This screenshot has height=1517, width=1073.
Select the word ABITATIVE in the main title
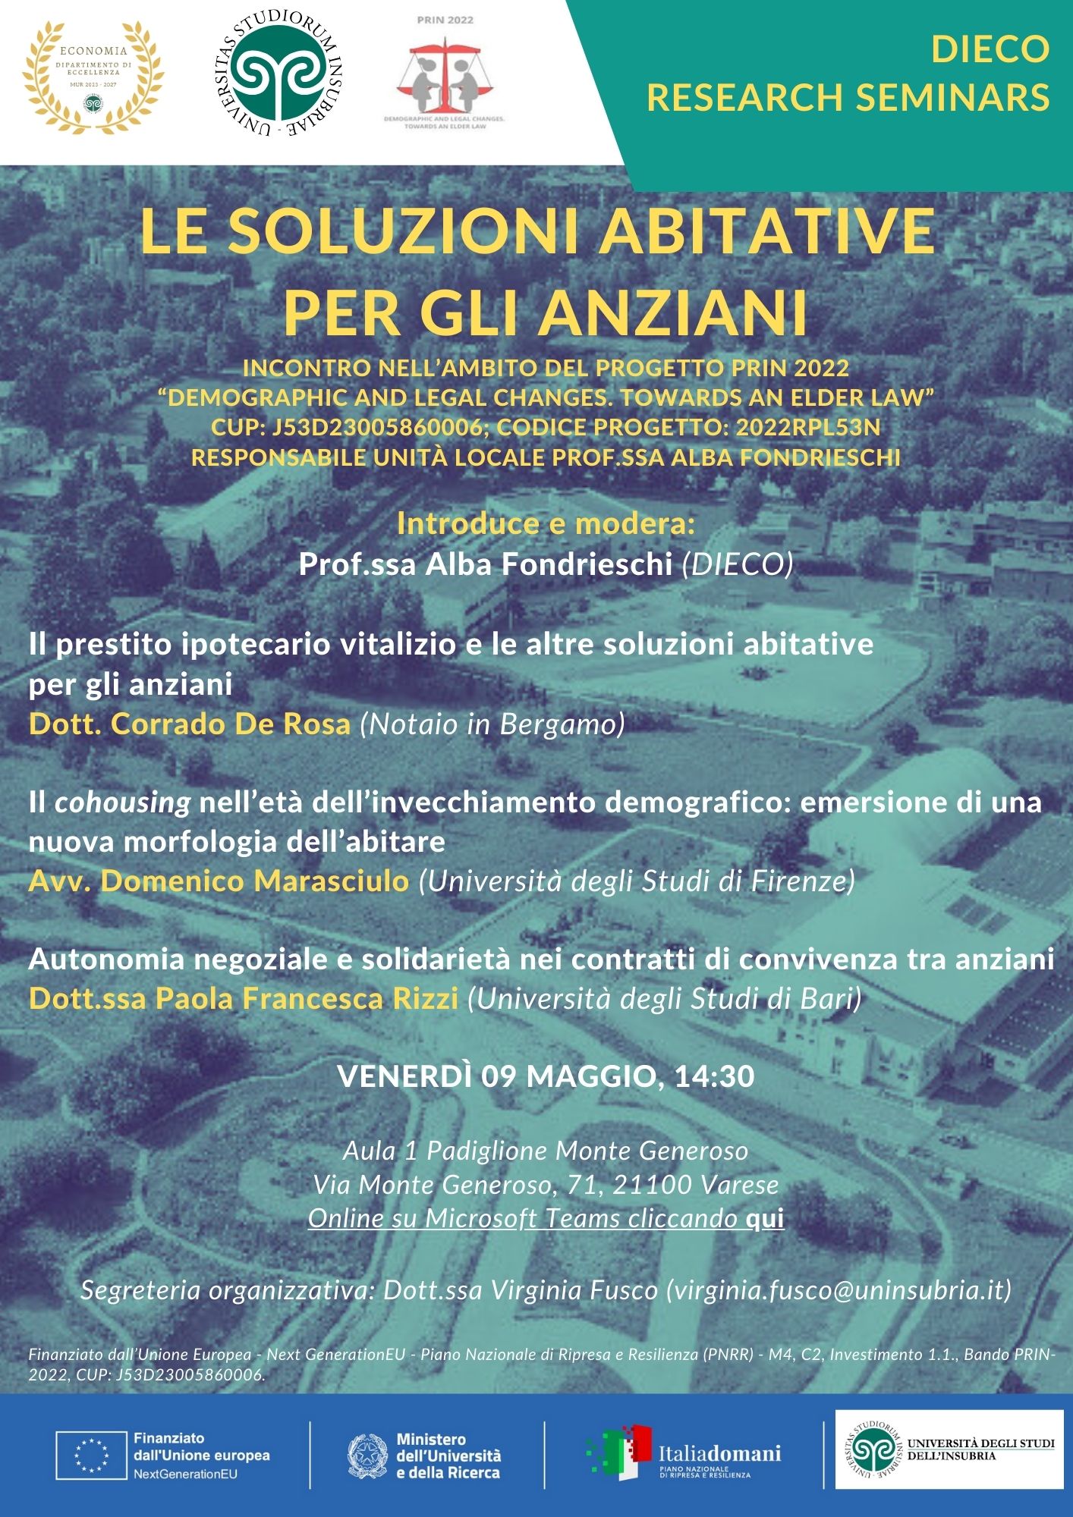[766, 231]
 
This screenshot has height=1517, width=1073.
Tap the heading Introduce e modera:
[546, 524]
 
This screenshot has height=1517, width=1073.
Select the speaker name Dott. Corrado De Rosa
[190, 724]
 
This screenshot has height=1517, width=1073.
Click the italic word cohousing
[122, 802]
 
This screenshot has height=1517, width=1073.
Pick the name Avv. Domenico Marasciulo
[219, 881]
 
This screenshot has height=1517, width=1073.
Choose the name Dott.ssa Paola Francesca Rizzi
[244, 999]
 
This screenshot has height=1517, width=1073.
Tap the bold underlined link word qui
[765, 1218]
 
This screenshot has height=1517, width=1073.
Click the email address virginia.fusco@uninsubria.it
[839, 1290]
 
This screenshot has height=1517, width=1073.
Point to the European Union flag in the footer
[91, 1456]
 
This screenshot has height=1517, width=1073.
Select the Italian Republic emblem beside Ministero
[367, 1456]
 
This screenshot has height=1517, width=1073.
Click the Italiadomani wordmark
[719, 1453]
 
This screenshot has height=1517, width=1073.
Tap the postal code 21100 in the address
[653, 1185]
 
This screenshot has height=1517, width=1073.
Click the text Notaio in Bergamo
[492, 724]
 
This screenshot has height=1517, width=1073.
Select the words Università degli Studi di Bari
[665, 999]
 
